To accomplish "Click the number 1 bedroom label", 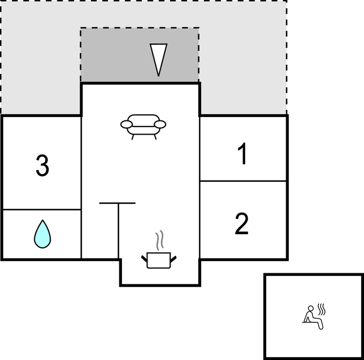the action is (242, 153).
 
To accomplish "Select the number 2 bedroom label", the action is (242, 224).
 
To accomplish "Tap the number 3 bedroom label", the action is (43, 166).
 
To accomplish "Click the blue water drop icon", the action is (43, 234).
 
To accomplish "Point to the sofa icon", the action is (143, 127).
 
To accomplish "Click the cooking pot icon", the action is (159, 261).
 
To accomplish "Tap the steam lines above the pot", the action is (160, 240).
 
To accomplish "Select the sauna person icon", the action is (313, 317).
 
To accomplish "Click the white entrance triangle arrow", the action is (159, 58).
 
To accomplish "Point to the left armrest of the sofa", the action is (126, 124).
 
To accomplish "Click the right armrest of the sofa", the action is (160, 124).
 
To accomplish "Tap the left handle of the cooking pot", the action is (144, 258).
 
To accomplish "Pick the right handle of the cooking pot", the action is (173, 259).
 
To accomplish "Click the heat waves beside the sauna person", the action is (321, 309).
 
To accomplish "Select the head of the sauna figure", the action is (310, 309).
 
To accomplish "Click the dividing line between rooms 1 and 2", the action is (243, 181).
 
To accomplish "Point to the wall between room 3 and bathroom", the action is (42, 210).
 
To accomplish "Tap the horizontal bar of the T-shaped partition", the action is (118, 203).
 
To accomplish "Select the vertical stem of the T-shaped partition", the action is (119, 231).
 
